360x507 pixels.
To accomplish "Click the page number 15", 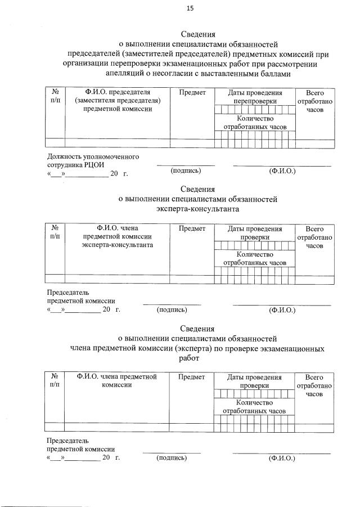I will (190, 8).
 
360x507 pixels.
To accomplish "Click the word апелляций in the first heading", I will (125, 73).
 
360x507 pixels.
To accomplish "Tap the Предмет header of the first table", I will (192, 92).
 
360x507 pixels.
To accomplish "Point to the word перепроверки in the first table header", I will (255, 101).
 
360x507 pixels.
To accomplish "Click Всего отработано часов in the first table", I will (315, 101).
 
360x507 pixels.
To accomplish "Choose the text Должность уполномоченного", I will (93, 156).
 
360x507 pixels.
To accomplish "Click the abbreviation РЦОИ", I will (92, 165).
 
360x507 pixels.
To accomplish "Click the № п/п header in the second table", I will (55, 233).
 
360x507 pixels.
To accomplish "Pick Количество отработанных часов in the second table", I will (255, 258).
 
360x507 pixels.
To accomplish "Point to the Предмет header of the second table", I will (192, 229).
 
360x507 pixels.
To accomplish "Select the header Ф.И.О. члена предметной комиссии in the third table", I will (116, 380).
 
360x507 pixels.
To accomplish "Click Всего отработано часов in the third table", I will (315, 385).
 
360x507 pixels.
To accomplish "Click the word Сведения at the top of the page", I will (197, 34).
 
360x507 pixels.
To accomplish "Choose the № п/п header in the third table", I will (55, 380).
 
